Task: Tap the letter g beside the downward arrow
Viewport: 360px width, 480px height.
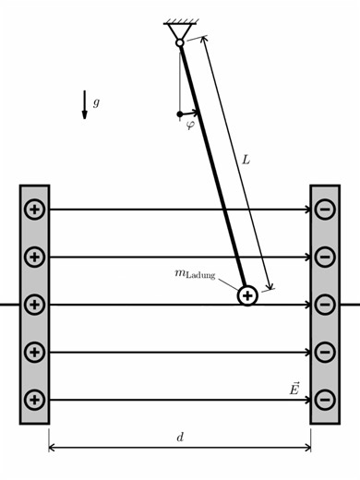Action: (96, 102)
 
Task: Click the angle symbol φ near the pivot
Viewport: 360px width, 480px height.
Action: (190, 124)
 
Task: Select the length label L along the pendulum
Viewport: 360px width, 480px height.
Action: (246, 160)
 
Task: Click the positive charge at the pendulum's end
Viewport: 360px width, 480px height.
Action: (247, 295)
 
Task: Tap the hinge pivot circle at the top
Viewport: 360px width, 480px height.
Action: (180, 42)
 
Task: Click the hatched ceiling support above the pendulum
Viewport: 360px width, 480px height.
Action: (180, 24)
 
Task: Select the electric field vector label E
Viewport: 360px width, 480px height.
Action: (294, 389)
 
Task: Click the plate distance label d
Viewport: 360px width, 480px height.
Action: (180, 437)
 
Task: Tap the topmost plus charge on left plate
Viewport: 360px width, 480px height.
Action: (34, 210)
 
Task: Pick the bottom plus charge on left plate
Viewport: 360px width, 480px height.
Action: (34, 400)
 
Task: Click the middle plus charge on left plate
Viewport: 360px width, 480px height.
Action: (34, 305)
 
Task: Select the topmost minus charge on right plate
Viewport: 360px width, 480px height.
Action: (324, 210)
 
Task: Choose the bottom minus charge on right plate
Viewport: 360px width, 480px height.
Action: (324, 400)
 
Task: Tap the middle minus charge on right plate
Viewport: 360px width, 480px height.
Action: (324, 305)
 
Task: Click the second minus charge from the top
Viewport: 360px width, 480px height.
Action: (324, 257)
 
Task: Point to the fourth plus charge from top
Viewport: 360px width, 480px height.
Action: (34, 352)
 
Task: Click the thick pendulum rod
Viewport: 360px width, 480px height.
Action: (212, 166)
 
